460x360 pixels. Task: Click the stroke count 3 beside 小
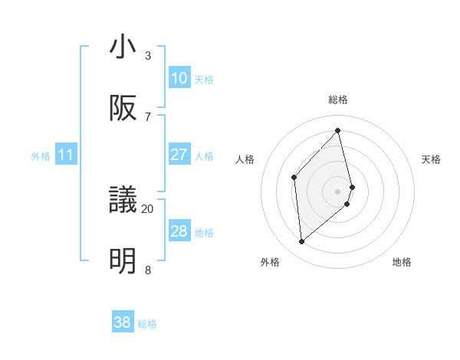(x=148, y=55)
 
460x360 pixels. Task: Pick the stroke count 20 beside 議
(x=148, y=208)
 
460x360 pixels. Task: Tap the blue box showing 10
(x=179, y=78)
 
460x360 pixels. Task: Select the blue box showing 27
(x=179, y=155)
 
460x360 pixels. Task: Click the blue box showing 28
(x=179, y=231)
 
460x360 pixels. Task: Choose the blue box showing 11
(x=66, y=155)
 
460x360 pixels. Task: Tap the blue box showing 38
(x=123, y=322)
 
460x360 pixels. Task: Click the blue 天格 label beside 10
(x=204, y=80)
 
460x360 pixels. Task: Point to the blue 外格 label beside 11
(x=41, y=156)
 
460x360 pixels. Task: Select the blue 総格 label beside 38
(x=147, y=324)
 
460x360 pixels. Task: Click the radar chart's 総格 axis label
(x=338, y=100)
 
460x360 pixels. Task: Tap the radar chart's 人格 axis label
(x=245, y=159)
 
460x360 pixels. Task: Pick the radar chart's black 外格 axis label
(x=270, y=262)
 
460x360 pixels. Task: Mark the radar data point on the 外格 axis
(x=302, y=241)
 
